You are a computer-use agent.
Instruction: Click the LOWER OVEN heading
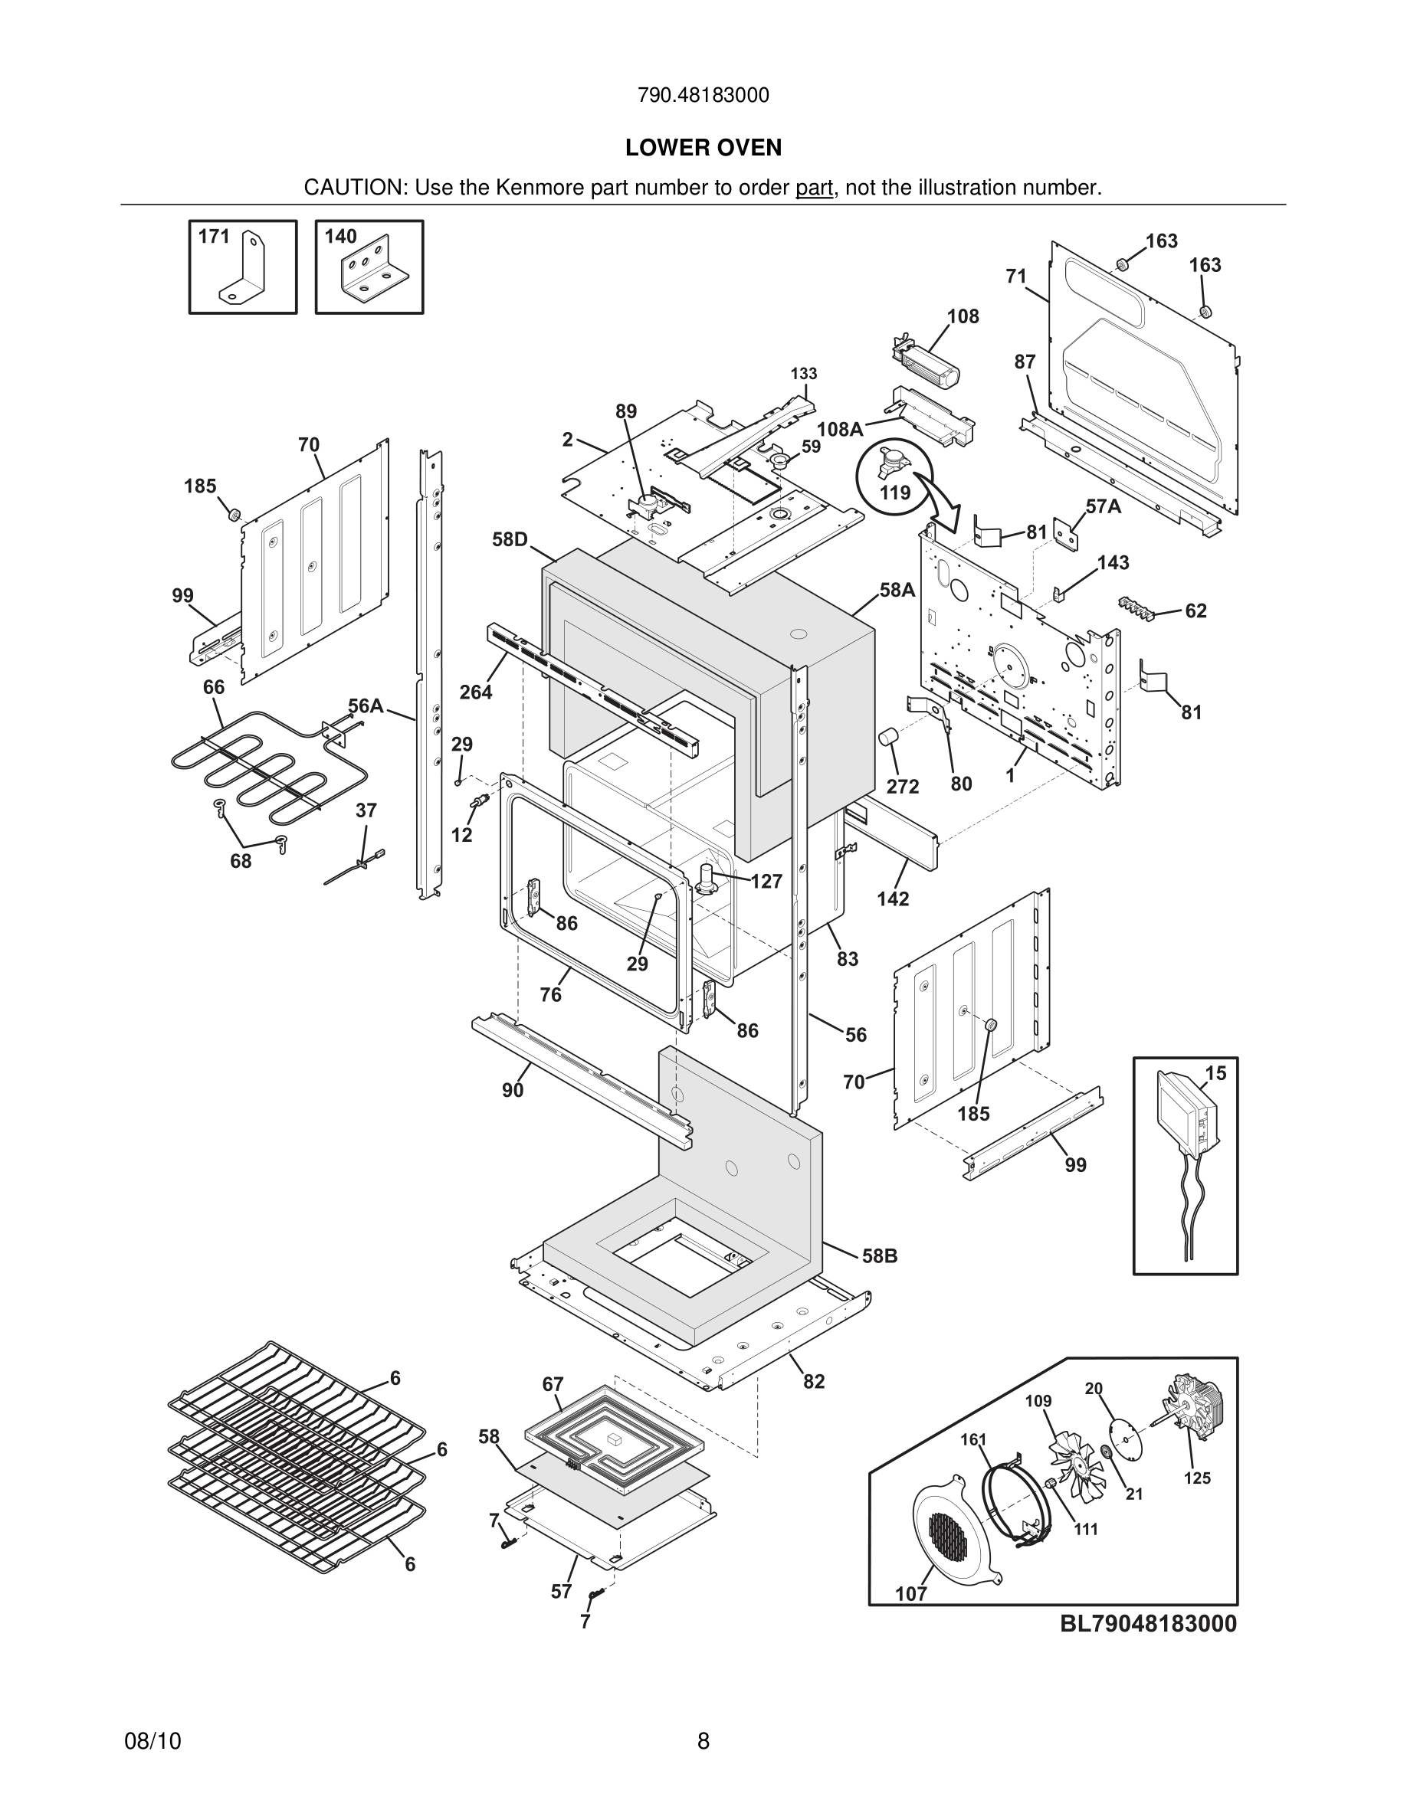pyautogui.click(x=703, y=149)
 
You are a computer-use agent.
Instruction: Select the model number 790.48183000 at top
pyautogui.click(x=703, y=96)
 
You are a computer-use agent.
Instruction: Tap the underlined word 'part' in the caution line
pyautogui.click(x=814, y=188)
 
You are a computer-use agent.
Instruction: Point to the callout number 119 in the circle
pyautogui.click(x=894, y=493)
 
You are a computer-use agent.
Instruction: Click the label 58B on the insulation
pyautogui.click(x=880, y=1255)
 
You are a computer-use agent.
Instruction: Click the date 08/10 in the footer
pyautogui.click(x=153, y=1741)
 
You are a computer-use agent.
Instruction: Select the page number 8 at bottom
pyautogui.click(x=703, y=1741)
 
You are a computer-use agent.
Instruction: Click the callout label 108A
pyautogui.click(x=839, y=429)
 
